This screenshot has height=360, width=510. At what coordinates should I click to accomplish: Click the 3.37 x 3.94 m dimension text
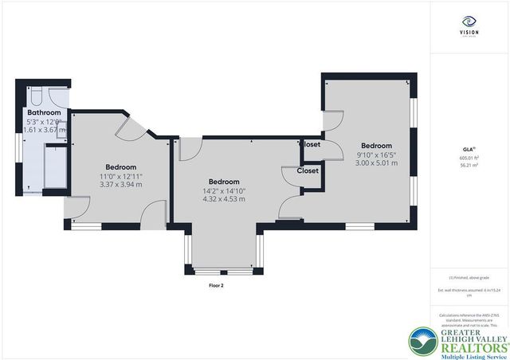point(120,184)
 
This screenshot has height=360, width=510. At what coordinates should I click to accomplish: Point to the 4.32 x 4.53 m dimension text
point(224,198)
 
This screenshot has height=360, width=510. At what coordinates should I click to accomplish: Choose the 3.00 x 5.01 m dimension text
point(376,163)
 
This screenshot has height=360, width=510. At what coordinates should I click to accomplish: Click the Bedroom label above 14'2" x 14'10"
point(223,181)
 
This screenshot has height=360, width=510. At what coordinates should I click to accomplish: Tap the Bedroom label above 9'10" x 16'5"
point(376,146)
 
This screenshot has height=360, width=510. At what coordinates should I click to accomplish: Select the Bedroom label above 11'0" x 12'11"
point(121,166)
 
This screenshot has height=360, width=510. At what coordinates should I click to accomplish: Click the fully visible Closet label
point(308,170)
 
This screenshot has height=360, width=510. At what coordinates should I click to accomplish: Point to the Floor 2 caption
point(217,284)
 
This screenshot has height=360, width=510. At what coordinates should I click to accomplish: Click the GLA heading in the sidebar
point(468,149)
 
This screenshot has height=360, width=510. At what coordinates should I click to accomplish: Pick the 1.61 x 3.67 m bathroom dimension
point(44,129)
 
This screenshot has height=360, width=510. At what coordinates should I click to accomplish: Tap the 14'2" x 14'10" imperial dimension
point(224,190)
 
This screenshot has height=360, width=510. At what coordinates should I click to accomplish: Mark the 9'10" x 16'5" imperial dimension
point(376,155)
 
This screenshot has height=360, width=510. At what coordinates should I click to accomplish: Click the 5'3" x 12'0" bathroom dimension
point(44,121)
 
